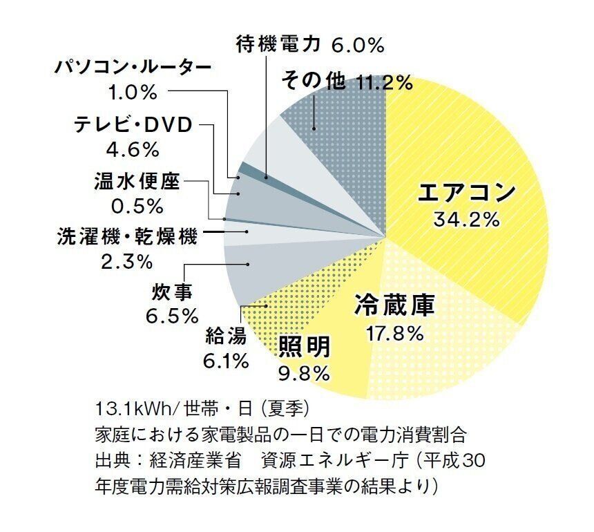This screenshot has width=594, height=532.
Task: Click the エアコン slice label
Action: coord(467,192)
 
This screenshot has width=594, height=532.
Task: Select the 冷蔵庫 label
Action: coord(395,305)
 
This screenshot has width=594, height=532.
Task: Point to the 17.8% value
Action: coord(395,333)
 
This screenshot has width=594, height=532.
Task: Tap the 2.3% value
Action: coord(126,262)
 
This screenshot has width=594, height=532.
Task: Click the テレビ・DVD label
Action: coord(135,125)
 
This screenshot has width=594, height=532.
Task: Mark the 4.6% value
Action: coord(133,149)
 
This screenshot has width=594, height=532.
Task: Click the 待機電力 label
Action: coord(278,46)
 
